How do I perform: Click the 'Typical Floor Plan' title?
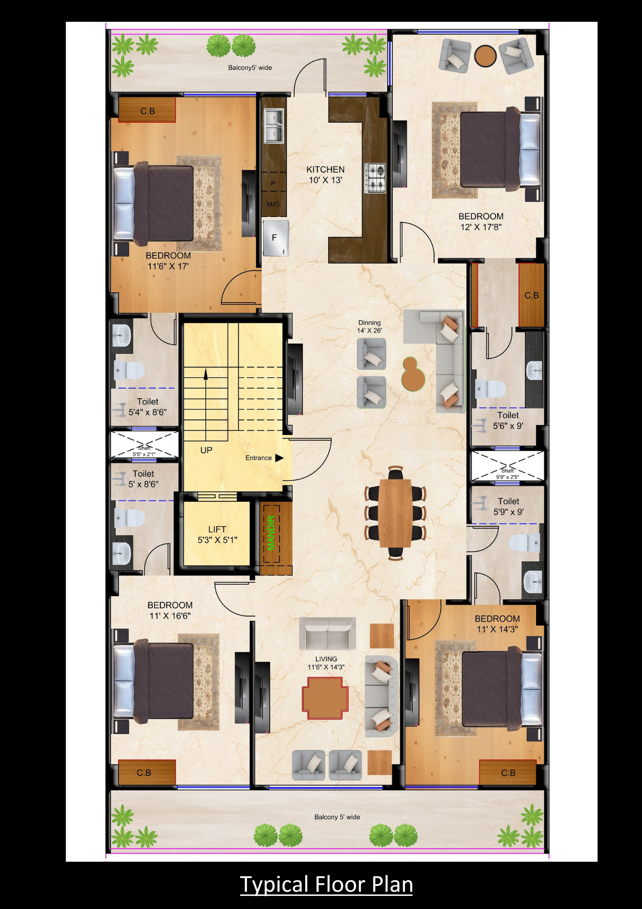326,884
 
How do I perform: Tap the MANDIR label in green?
272,533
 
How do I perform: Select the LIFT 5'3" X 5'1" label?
217,534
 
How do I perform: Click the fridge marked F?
276,238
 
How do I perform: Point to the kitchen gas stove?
375,178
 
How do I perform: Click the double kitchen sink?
274,125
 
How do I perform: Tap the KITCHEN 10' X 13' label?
326,175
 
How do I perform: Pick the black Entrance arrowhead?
279,458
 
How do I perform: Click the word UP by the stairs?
206,450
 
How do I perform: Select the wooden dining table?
395,513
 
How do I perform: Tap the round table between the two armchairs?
485,56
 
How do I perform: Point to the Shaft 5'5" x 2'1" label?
144,451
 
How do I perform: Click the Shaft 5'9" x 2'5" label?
508,474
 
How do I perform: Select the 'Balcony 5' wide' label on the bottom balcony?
337,817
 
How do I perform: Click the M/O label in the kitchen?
273,204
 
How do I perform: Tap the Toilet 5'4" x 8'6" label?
148,407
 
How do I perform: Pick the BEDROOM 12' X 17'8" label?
481,222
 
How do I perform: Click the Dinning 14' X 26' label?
370,326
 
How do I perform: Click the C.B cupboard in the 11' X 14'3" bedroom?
508,773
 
